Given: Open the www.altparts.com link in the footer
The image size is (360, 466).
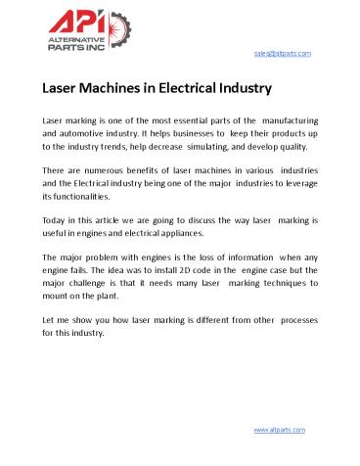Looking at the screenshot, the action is click(x=280, y=430).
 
